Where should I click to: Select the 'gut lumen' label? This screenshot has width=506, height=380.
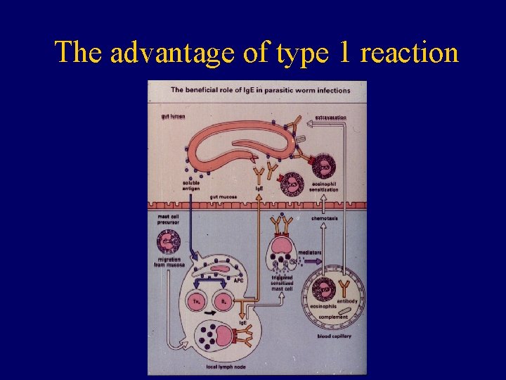pos(173,116)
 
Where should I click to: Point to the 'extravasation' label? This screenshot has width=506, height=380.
pos(330,117)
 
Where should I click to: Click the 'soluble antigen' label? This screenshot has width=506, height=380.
pos(191,186)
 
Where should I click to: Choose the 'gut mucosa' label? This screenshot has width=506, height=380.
pos(223,196)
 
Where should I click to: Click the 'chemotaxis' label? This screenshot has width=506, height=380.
pos(325,218)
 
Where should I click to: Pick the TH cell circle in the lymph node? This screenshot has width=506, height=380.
pos(196,301)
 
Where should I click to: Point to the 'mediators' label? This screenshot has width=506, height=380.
pos(310,251)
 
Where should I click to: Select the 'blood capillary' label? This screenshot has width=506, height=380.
pos(335,336)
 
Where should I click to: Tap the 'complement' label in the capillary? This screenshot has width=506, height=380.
pos(333,317)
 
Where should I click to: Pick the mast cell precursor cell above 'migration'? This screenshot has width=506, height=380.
pos(169,242)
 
